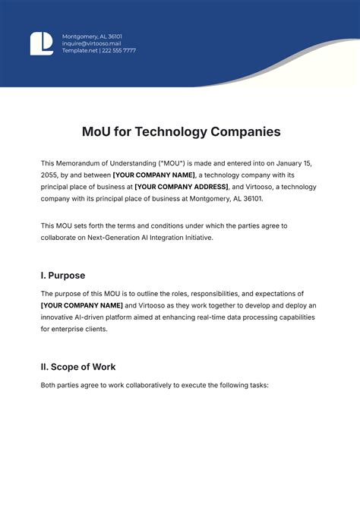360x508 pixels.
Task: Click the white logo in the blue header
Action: (41, 43)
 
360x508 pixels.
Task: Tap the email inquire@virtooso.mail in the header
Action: (93, 43)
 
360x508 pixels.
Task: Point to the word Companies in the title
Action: (244, 131)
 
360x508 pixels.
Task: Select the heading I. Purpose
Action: (63, 276)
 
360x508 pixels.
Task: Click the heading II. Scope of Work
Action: (78, 367)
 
